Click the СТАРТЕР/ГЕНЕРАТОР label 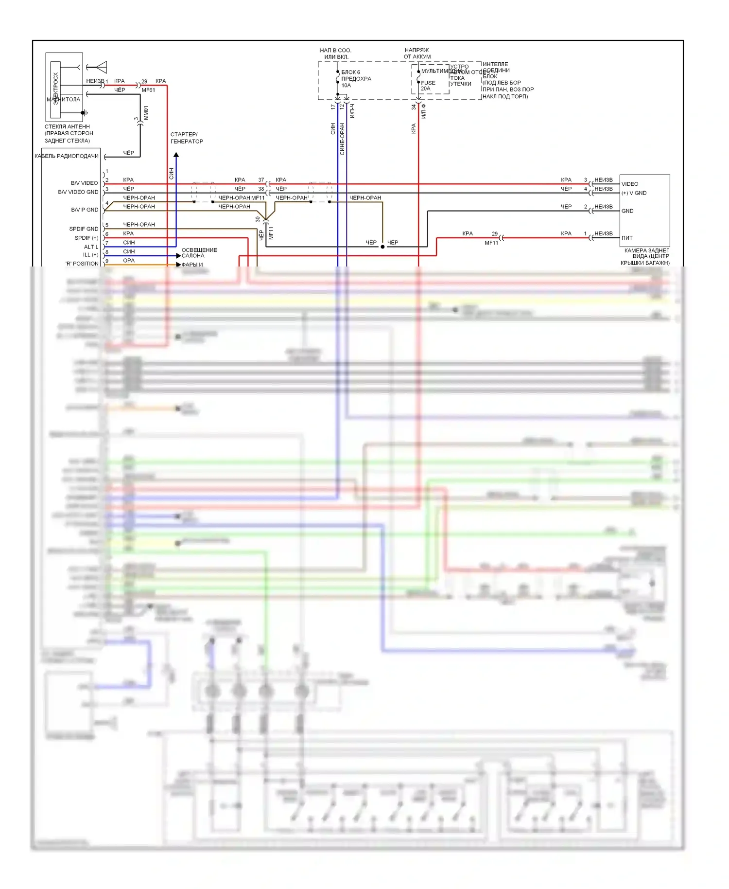click(187, 138)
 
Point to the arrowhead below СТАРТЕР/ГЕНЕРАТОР click(176, 155)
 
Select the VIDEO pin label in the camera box click(629, 184)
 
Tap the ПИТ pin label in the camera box click(627, 238)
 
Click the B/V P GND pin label click(85, 210)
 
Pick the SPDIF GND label click(84, 229)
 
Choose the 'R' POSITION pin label click(82, 264)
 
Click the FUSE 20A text click(428, 86)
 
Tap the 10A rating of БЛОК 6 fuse click(346, 86)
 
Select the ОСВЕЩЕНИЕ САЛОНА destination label click(199, 253)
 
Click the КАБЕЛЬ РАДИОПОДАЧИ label click(67, 156)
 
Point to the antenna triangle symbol click(102, 67)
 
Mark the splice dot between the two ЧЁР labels click(382, 247)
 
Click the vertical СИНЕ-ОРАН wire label click(342, 139)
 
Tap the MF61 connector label click(148, 90)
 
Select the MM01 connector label click(146, 113)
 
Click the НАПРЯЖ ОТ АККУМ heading click(417, 53)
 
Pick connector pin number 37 click(261, 180)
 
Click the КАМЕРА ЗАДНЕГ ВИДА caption click(646, 257)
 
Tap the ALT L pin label click(91, 247)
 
